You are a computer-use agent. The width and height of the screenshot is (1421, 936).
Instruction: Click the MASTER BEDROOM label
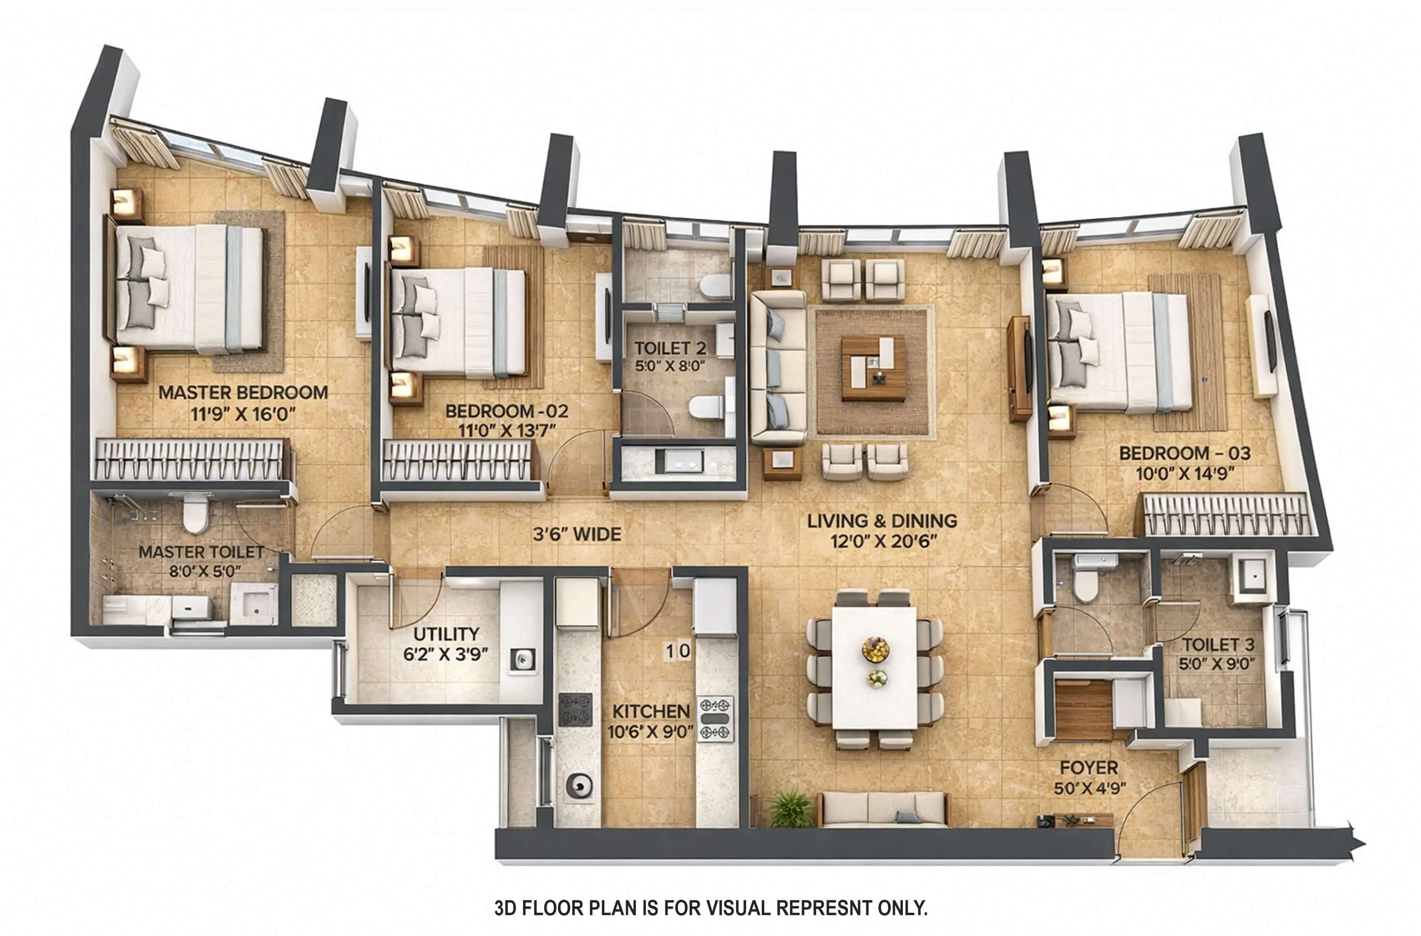(x=243, y=393)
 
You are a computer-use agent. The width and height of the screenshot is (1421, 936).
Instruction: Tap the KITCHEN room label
(x=651, y=712)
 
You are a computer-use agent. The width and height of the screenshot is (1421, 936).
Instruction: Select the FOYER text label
(x=1088, y=768)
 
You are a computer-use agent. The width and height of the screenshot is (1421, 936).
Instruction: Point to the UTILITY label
(x=446, y=634)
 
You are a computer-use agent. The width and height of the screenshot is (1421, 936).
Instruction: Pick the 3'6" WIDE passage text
(x=577, y=534)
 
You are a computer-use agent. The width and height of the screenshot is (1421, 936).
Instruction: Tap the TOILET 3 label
(x=1218, y=645)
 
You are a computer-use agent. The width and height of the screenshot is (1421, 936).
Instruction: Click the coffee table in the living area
(x=873, y=368)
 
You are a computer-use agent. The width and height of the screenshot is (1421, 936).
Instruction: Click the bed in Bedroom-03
(x=1119, y=352)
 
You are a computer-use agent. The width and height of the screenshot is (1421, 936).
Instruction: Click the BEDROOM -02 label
(x=506, y=411)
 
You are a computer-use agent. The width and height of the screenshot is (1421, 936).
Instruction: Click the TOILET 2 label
(x=670, y=348)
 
